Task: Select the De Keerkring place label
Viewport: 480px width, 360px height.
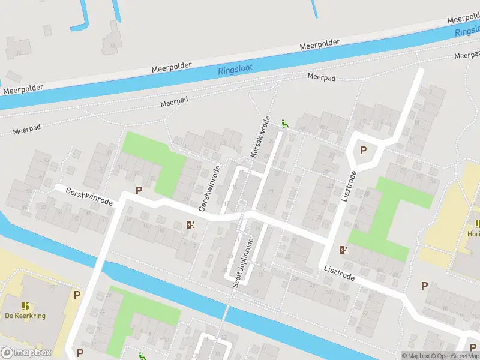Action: coord(25,316)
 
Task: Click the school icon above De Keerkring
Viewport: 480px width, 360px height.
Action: coord(25,305)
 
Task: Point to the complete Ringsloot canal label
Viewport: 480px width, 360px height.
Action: coord(235,67)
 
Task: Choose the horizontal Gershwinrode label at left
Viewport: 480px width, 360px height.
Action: coord(91,195)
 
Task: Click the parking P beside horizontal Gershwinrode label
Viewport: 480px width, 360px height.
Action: coord(139,191)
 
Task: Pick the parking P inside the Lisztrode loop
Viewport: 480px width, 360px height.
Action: coord(362,151)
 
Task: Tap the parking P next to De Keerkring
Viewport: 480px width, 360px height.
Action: coord(77,295)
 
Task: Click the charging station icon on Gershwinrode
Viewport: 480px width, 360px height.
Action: coord(191,225)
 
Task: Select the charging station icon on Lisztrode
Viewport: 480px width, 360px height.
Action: coord(343,250)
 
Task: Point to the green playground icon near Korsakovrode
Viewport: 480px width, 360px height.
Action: coord(285,124)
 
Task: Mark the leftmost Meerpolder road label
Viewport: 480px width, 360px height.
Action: coord(23,89)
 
